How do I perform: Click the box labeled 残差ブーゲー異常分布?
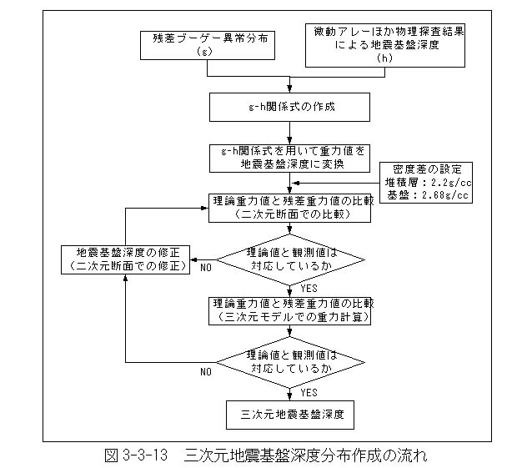point(208,46)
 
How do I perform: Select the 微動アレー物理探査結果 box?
point(385,45)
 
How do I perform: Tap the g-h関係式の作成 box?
point(289,107)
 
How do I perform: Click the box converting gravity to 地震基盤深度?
point(289,159)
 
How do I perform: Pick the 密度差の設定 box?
point(426,183)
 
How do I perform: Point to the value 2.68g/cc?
point(445,195)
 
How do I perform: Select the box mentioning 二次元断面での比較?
point(289,208)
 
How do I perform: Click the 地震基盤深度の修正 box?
point(125,260)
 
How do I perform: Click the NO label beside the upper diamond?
point(206,268)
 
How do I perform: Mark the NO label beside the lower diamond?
point(206,372)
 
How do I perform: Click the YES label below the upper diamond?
point(309,289)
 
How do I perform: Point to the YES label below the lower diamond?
point(309,392)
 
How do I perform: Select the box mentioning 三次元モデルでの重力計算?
point(289,311)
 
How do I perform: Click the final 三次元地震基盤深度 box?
point(290,415)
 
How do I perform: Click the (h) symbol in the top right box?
point(384,58)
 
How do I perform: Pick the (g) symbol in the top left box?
point(204,52)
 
